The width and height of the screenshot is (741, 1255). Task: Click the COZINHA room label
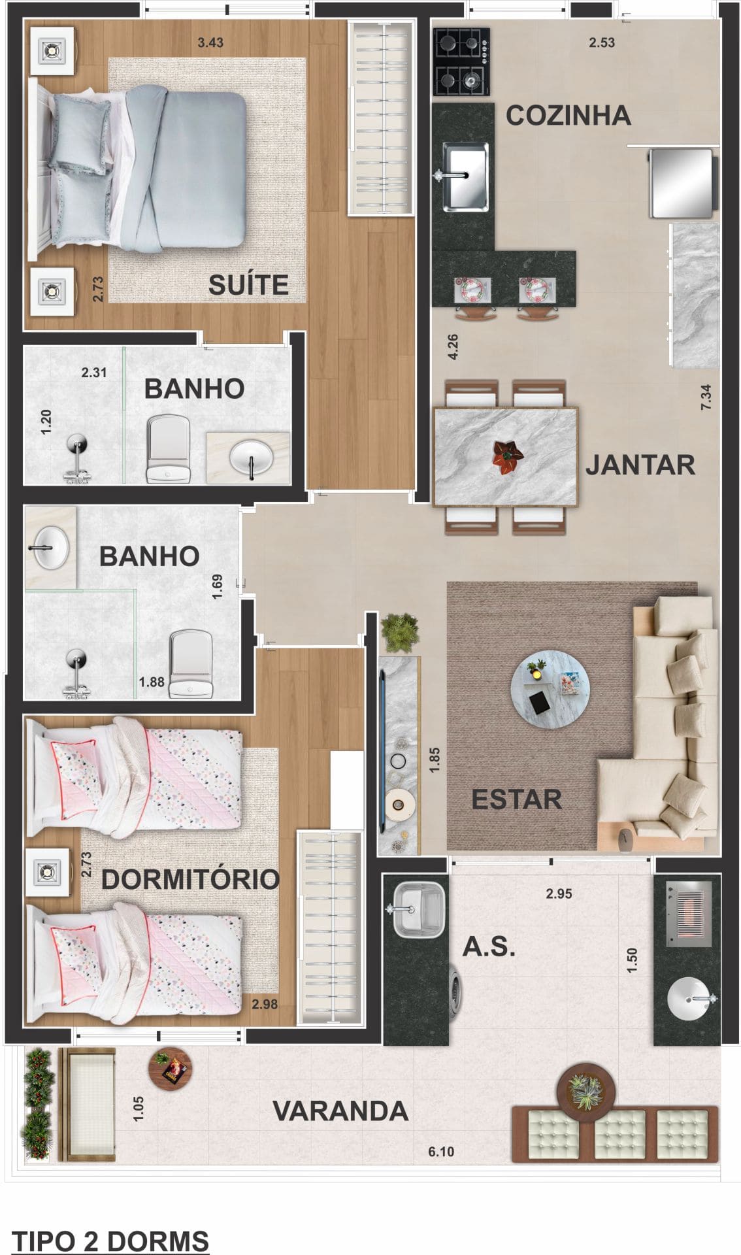coord(568,116)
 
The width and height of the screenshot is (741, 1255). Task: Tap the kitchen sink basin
coord(466,175)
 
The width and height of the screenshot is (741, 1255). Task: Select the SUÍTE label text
coord(248,285)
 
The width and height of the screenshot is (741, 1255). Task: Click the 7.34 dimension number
coord(706,397)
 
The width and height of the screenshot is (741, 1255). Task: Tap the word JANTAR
coord(640,465)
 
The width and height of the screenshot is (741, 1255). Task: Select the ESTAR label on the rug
coord(516,799)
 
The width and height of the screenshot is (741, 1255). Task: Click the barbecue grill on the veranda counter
coord(687,913)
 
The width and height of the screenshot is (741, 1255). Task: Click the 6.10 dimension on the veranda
coord(441,1151)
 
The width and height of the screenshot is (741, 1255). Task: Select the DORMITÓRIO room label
coord(190,880)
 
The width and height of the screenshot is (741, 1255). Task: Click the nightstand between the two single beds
coord(48,872)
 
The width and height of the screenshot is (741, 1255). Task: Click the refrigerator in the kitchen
coord(680,183)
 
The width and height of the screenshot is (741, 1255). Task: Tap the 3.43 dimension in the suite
coord(210,42)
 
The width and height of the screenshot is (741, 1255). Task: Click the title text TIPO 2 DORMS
coord(110,1240)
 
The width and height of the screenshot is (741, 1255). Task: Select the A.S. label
coord(489,946)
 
